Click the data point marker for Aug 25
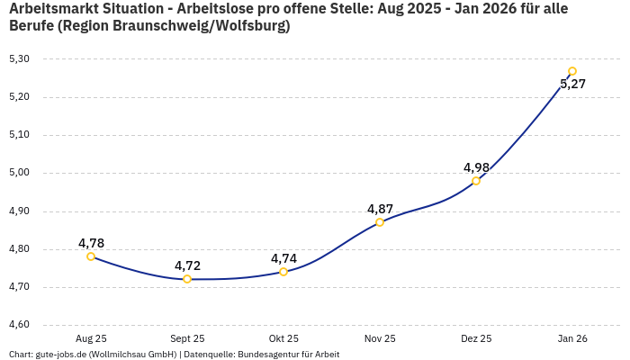[91, 256]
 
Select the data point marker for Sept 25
[187, 279]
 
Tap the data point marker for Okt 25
[283, 272]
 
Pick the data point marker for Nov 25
[380, 222]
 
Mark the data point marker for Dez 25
[476, 181]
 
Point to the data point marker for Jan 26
[572, 71]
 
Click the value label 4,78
[91, 243]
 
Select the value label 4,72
[187, 265]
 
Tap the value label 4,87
[380, 209]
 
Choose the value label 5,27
[572, 85]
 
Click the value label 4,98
[476, 167]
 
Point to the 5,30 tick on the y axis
[19, 58]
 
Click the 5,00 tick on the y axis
[19, 173]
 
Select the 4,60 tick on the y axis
[19, 325]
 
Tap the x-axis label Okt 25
[283, 338]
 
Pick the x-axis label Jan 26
[572, 338]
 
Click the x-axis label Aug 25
[91, 338]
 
